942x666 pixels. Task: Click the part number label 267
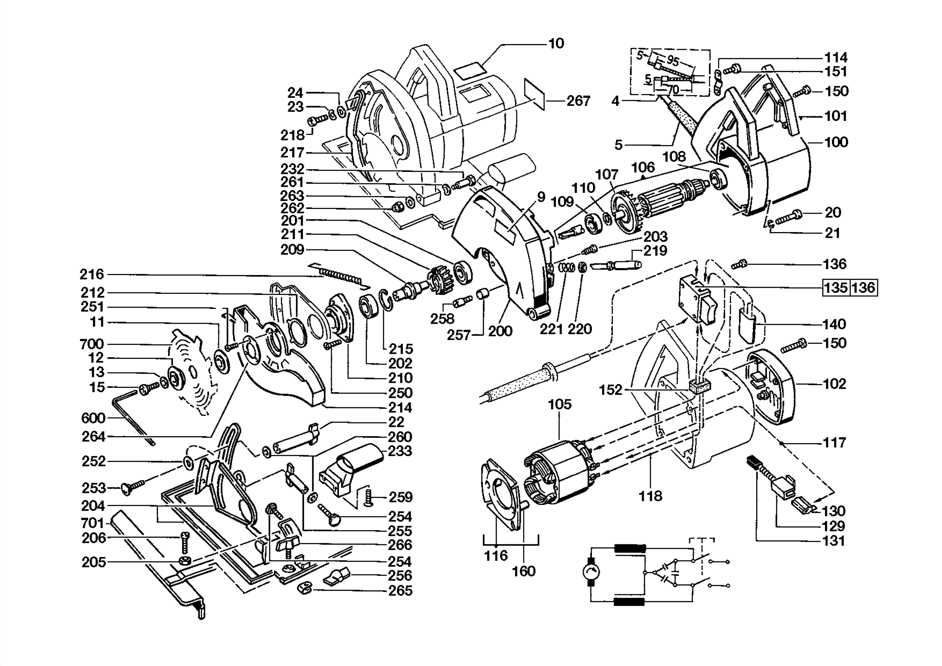click(578, 101)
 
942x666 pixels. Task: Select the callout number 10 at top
click(556, 43)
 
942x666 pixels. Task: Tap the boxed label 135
click(836, 287)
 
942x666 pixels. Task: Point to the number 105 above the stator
click(560, 404)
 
